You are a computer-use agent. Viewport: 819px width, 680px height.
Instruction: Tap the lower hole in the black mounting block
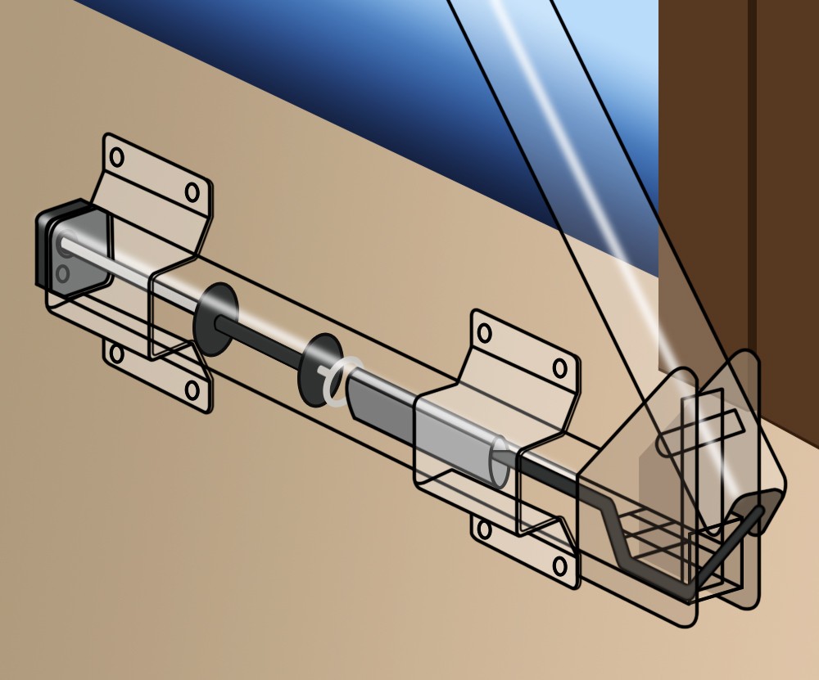point(64,272)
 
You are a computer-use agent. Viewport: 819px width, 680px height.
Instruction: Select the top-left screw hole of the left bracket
point(116,156)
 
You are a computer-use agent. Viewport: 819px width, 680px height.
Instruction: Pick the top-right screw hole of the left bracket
point(192,192)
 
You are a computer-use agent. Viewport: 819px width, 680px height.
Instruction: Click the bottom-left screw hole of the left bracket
point(116,354)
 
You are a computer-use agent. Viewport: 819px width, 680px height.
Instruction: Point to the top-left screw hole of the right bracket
point(484,333)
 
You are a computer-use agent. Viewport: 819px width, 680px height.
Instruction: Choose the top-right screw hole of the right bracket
point(560,368)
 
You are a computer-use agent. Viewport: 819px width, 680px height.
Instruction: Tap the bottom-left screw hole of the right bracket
point(484,530)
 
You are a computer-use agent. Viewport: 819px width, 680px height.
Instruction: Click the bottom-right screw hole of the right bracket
point(560,565)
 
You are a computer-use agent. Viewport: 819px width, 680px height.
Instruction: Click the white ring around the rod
point(342,380)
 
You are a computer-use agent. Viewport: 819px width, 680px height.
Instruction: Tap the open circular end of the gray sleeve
point(499,462)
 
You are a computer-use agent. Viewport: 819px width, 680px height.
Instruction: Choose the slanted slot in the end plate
point(701,434)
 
